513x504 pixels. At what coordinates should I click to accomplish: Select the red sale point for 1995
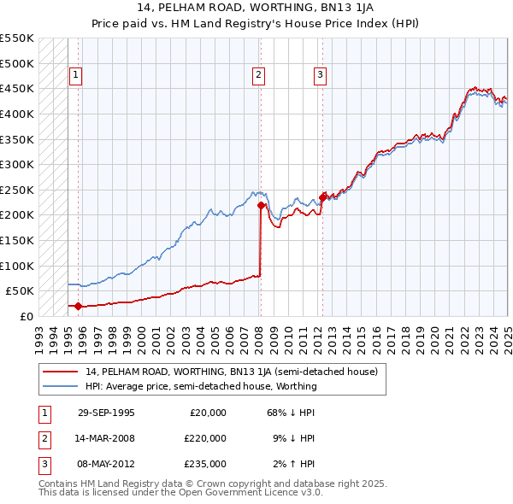coord(78,306)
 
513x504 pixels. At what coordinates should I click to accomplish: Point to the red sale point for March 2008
coord(261,204)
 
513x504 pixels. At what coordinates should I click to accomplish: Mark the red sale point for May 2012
coord(323,196)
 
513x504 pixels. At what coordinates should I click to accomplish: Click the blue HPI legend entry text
coord(200,386)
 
